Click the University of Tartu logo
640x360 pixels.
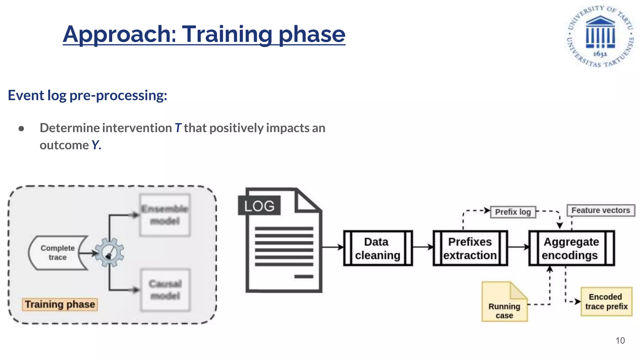tap(600, 36)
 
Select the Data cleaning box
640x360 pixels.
tap(378, 248)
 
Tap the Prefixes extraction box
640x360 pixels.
tap(470, 248)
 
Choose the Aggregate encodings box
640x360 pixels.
tap(571, 248)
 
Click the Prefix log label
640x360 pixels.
tap(513, 212)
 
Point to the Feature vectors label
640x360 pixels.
tap(601, 210)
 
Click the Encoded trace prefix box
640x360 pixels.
tap(606, 302)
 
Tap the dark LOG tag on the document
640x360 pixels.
tap(259, 206)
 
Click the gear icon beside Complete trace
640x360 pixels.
tap(109, 252)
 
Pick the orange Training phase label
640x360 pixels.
tap(60, 304)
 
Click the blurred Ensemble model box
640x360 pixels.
tap(165, 215)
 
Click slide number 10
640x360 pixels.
tap(620, 340)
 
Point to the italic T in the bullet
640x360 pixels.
tap(178, 128)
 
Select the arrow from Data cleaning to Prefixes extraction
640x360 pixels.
tap(422, 247)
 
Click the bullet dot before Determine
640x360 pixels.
tap(21, 128)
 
